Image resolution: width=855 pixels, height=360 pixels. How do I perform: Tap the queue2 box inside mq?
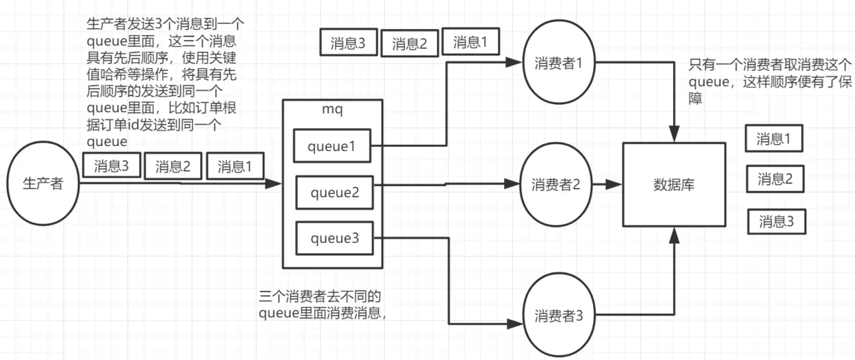[334, 192]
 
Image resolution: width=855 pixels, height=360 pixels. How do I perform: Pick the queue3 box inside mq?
[334, 239]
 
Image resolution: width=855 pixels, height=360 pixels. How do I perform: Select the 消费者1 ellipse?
[559, 63]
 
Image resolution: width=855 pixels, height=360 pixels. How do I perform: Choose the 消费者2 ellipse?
[556, 184]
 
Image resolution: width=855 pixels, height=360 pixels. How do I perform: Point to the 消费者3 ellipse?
[559, 317]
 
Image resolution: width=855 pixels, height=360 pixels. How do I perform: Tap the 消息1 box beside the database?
[774, 139]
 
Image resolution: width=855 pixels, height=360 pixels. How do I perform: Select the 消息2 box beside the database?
[776, 180]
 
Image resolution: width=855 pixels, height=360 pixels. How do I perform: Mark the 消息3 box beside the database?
[776, 222]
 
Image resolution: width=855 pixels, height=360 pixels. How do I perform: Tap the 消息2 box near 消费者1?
[410, 43]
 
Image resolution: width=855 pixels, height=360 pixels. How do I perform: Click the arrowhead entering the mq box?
[275, 184]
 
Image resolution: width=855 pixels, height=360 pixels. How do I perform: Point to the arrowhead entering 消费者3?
[514, 323]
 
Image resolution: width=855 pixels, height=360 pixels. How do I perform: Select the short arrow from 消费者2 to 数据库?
[607, 185]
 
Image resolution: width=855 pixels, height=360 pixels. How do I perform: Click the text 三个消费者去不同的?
[320, 297]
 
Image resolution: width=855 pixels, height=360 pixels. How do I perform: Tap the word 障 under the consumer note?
[696, 99]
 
